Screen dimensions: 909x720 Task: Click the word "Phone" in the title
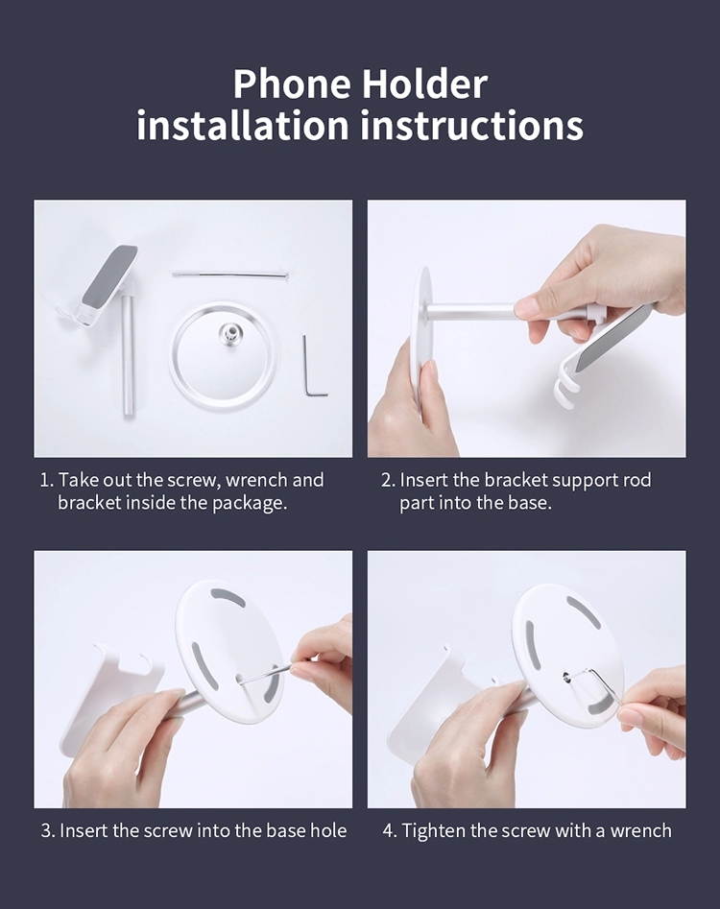[x=291, y=84]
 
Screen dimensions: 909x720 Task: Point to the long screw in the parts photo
[x=231, y=275]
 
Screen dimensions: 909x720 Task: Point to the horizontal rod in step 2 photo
[x=480, y=312]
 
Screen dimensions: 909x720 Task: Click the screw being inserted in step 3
[x=264, y=675]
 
